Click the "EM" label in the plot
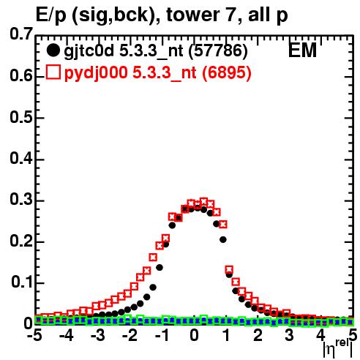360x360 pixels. coord(302,50)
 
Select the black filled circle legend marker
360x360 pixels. coord(53,50)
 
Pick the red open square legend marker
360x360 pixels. coord(53,72)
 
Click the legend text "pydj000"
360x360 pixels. coord(96,73)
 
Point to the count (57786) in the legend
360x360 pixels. coord(218,51)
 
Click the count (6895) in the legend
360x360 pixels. coord(227,72)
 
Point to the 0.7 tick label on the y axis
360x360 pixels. coord(21,34)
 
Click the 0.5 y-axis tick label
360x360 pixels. coord(21,117)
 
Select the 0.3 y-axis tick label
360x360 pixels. coord(21,199)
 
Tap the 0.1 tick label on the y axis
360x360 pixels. coord(22,282)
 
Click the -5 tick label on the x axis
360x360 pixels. coord(34,335)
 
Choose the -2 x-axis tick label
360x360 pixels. coord(130,335)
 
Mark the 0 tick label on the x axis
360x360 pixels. coord(194,335)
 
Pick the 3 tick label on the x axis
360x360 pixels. coord(289,335)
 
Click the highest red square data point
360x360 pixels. coord(203,201)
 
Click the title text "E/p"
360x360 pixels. coord(50,15)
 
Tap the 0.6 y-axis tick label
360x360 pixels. coord(21,75)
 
